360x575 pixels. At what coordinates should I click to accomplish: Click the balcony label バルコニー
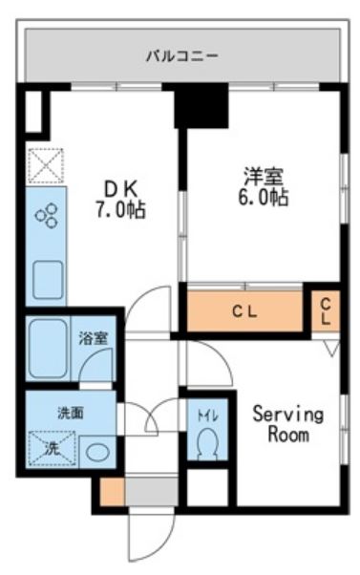(181, 55)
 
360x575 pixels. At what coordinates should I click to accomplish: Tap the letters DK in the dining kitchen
(119, 187)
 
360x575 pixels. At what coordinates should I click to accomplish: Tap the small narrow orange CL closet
(326, 310)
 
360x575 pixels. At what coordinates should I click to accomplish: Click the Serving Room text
(287, 425)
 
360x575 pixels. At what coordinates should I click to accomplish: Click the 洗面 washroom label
(70, 413)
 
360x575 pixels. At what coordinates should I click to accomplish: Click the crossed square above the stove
(44, 165)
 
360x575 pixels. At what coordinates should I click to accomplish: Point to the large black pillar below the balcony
(201, 106)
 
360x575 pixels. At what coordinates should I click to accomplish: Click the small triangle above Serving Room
(329, 351)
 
